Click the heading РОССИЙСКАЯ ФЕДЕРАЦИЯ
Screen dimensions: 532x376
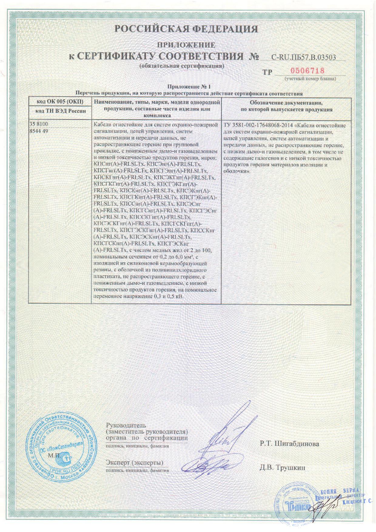(186, 29)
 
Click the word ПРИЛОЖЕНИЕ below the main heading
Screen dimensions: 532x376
(186, 45)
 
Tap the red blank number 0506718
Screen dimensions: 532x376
(307, 71)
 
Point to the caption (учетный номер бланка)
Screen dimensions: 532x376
(310, 79)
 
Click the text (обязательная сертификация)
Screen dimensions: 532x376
(182, 66)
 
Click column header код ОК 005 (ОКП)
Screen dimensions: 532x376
(60, 102)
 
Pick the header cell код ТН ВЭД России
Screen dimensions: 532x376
(60, 111)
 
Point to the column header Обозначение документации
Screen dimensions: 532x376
(286, 103)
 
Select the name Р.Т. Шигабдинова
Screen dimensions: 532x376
(289, 444)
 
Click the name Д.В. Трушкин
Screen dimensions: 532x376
(282, 467)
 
